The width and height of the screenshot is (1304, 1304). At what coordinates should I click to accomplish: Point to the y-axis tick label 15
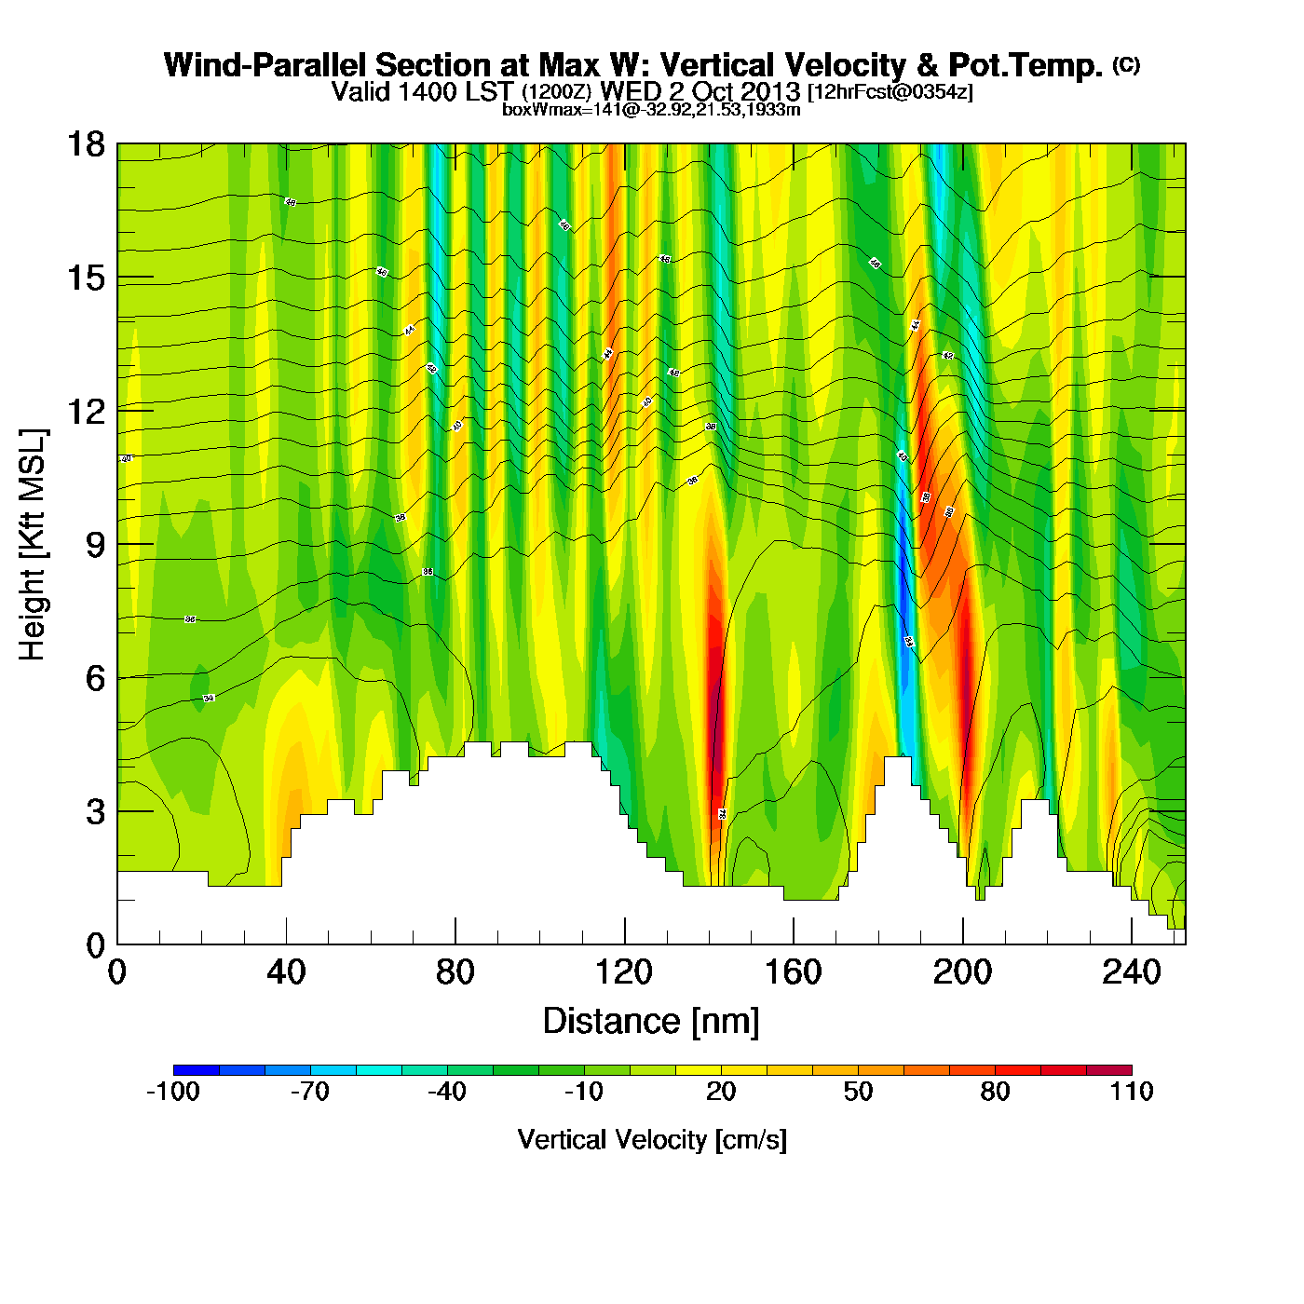[x=85, y=278]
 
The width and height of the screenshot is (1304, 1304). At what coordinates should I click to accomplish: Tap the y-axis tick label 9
[x=95, y=545]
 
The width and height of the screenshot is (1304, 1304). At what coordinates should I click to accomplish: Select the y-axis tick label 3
[x=95, y=812]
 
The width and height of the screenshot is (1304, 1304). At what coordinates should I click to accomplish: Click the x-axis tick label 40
[x=286, y=972]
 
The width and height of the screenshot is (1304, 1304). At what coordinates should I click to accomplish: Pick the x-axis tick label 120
[x=624, y=972]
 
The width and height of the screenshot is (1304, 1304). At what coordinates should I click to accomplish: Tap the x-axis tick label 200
[x=962, y=972]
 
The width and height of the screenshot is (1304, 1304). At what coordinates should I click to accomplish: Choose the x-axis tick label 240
[x=1131, y=972]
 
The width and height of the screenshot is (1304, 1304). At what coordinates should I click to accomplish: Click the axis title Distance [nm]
[x=651, y=1021]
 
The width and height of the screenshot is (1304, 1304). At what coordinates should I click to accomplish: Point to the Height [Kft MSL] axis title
[x=33, y=545]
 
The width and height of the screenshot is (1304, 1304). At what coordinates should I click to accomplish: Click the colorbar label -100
[x=173, y=1092]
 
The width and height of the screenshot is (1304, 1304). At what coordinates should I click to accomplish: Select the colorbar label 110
[x=1132, y=1092]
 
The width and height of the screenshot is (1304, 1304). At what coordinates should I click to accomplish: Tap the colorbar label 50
[x=858, y=1092]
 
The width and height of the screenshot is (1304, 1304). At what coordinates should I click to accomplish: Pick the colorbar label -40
[x=447, y=1092]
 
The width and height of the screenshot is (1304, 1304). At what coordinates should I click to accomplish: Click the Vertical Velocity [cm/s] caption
[x=652, y=1139]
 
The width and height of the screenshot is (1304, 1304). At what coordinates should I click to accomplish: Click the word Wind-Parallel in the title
[x=266, y=65]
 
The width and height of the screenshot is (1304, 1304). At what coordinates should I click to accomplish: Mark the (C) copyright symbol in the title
[x=1126, y=64]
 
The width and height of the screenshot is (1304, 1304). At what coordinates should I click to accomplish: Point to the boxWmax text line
[x=651, y=109]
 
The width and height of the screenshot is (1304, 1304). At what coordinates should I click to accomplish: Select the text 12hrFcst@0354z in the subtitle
[x=890, y=92]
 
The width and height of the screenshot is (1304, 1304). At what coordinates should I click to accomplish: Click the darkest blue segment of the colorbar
[x=197, y=1069]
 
